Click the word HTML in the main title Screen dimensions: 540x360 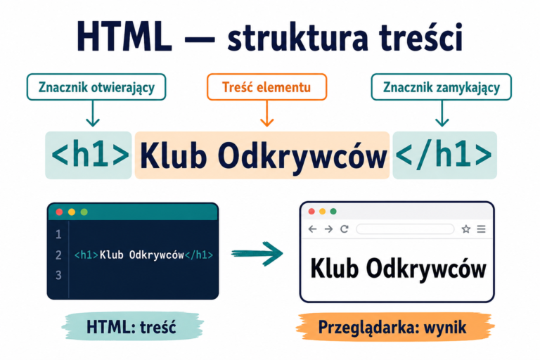click(x=124, y=37)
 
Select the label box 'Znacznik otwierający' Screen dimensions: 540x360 click(x=96, y=86)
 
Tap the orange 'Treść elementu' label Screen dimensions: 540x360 click(x=267, y=86)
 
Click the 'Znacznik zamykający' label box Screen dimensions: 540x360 click(x=441, y=86)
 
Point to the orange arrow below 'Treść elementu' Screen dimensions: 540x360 click(x=267, y=113)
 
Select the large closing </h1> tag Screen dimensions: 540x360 click(x=444, y=155)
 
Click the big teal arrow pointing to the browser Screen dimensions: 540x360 click(x=257, y=254)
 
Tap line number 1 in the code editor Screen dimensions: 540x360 click(x=58, y=235)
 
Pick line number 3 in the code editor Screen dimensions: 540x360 click(x=58, y=275)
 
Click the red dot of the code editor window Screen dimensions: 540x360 click(x=59, y=212)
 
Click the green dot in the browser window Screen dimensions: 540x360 click(x=333, y=211)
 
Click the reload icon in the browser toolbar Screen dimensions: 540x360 click(x=345, y=229)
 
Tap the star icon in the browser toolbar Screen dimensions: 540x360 click(x=466, y=229)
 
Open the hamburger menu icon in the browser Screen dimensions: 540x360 click(x=482, y=229)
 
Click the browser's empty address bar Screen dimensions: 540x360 click(x=405, y=229)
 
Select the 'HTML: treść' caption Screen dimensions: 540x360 click(x=131, y=327)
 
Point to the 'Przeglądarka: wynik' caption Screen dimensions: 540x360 click(x=392, y=327)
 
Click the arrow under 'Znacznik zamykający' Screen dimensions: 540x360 click(x=442, y=113)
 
